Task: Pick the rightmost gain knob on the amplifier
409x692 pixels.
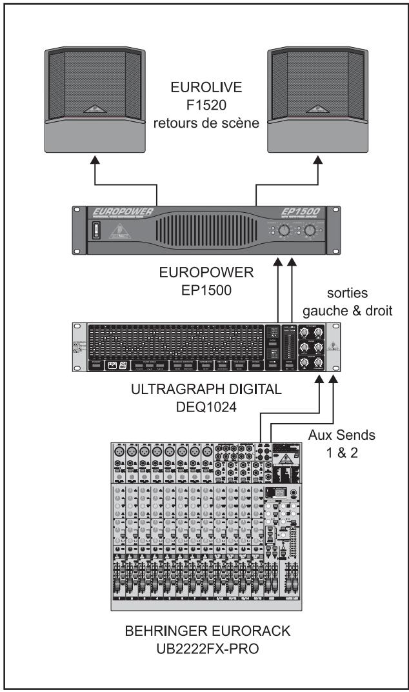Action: [311, 230]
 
